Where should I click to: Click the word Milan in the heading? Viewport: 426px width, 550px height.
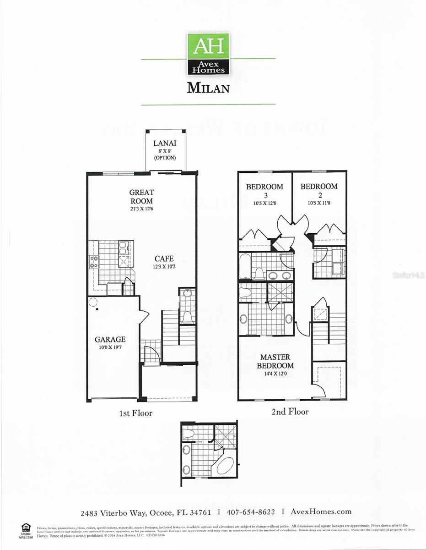click(208, 88)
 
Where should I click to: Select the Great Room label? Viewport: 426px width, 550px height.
click(141, 197)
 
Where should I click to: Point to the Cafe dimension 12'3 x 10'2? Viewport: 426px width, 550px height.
click(163, 267)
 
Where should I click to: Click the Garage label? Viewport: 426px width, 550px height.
click(110, 339)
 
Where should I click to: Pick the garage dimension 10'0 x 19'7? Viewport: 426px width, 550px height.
click(110, 347)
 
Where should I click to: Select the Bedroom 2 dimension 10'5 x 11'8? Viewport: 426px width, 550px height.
click(319, 203)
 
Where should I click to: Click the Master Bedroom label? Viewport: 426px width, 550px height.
click(275, 361)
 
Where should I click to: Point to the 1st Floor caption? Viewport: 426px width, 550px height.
click(135, 413)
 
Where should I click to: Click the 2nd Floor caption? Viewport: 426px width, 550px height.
click(290, 412)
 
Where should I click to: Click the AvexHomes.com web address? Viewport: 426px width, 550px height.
click(321, 511)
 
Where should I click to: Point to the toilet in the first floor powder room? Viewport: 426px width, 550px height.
click(187, 317)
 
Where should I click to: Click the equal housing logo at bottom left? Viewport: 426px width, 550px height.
click(26, 527)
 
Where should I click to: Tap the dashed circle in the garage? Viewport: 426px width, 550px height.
click(93, 302)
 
